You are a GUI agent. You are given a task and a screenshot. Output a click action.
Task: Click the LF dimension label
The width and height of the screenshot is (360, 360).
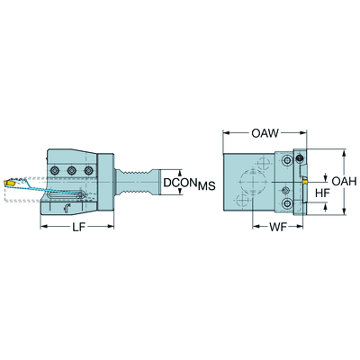click(78, 228)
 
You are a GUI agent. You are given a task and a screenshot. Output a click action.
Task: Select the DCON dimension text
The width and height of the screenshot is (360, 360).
click(180, 182)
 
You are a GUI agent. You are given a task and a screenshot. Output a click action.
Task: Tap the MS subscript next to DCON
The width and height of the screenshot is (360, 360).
click(206, 186)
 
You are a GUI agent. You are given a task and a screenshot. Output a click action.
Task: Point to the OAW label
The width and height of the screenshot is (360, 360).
click(265, 133)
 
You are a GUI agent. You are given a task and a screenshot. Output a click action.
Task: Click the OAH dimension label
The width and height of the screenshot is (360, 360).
click(344, 181)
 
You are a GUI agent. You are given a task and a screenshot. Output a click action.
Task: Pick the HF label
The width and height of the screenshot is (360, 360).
click(322, 193)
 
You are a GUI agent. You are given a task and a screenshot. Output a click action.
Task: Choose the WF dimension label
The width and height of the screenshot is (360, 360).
click(278, 228)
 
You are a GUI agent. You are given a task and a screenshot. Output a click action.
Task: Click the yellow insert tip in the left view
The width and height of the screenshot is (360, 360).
click(9, 183)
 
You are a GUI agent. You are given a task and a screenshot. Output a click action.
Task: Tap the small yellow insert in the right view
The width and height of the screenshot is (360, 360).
click(304, 182)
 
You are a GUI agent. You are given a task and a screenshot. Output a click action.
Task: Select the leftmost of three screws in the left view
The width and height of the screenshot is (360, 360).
click(54, 171)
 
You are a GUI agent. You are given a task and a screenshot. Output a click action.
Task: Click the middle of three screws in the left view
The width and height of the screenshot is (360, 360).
click(71, 171)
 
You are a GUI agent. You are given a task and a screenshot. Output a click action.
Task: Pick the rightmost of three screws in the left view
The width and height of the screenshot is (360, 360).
click(88, 171)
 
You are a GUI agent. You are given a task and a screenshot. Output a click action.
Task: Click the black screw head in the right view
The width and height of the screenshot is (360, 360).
click(299, 158)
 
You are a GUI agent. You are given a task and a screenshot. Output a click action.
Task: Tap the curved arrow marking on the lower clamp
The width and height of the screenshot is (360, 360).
click(67, 209)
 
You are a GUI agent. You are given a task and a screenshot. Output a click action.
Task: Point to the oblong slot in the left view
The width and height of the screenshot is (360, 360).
click(66, 195)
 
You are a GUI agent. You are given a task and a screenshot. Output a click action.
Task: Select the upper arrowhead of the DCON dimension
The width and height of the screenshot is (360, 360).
click(180, 173)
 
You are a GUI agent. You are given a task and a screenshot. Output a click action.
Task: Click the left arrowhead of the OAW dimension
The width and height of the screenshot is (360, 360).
click(226, 133)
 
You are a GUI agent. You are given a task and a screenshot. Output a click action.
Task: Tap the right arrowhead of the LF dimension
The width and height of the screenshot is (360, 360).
click(111, 227)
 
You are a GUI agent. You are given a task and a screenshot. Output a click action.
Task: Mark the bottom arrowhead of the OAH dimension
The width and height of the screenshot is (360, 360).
click(345, 211)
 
